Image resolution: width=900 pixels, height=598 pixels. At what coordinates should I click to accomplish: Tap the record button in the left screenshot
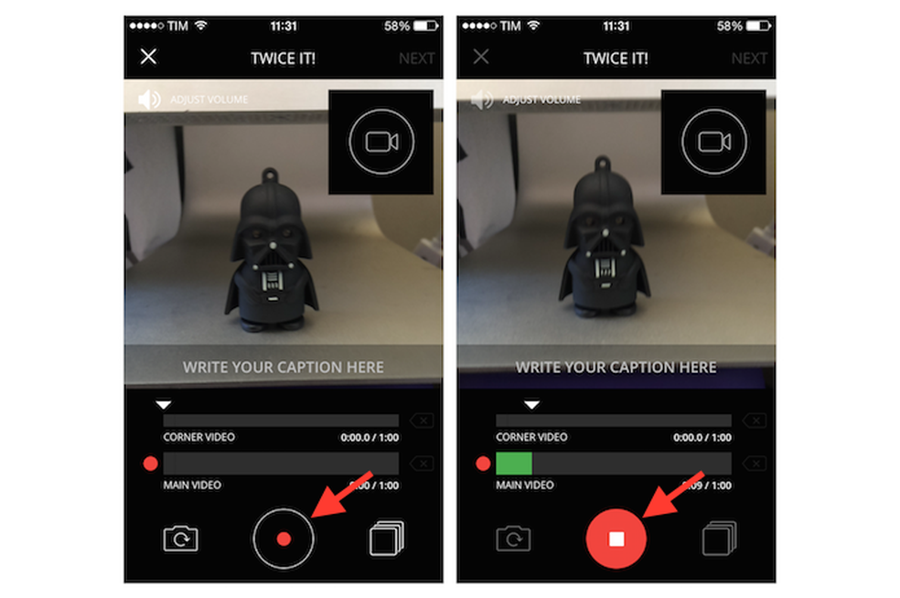[284, 539]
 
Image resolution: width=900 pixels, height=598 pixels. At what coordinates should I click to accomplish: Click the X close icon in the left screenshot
[148, 57]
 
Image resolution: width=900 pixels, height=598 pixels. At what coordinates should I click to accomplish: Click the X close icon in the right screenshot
[481, 57]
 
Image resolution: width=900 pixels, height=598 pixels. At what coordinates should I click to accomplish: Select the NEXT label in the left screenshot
[416, 59]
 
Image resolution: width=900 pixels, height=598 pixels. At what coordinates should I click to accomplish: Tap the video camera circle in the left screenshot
[381, 142]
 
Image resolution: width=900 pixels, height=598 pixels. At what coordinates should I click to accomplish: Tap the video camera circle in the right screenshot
[714, 142]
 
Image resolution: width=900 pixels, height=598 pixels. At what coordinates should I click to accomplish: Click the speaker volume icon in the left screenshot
[149, 99]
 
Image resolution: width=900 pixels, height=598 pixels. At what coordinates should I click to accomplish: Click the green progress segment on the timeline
[513, 464]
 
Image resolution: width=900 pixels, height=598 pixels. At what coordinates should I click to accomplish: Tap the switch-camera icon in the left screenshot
[180, 539]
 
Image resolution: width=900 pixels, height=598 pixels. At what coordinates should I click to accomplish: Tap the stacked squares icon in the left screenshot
[386, 539]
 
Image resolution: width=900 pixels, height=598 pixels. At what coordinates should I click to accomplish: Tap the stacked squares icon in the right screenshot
[719, 539]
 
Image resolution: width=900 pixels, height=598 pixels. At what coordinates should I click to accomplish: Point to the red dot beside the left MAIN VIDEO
[151, 465]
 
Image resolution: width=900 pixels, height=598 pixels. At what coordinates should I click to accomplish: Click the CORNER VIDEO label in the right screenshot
[531, 437]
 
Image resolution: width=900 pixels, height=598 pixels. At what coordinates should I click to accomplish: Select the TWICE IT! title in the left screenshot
[284, 59]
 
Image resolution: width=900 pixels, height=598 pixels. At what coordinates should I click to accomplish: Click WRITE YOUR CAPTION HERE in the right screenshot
[616, 368]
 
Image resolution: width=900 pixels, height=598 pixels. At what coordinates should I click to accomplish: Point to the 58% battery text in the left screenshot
[397, 27]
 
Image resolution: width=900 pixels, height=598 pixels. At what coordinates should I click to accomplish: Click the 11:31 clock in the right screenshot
[616, 27]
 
